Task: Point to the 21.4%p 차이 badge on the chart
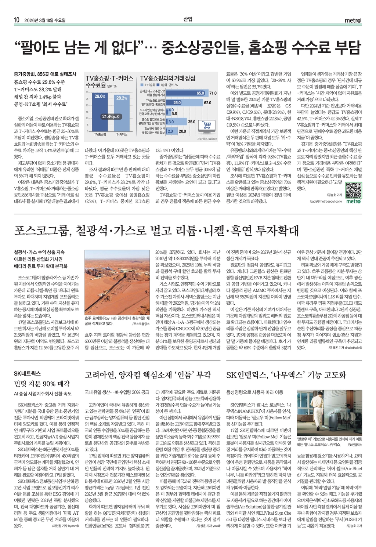[112, 117]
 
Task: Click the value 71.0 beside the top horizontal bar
[213, 93]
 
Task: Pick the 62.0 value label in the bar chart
[207, 103]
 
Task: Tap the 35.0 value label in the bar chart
[192, 122]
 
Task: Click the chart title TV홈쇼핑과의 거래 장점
[167, 78]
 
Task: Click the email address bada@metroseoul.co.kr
[326, 201]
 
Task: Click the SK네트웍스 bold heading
[27, 374]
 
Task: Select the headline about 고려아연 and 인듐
[148, 375]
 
